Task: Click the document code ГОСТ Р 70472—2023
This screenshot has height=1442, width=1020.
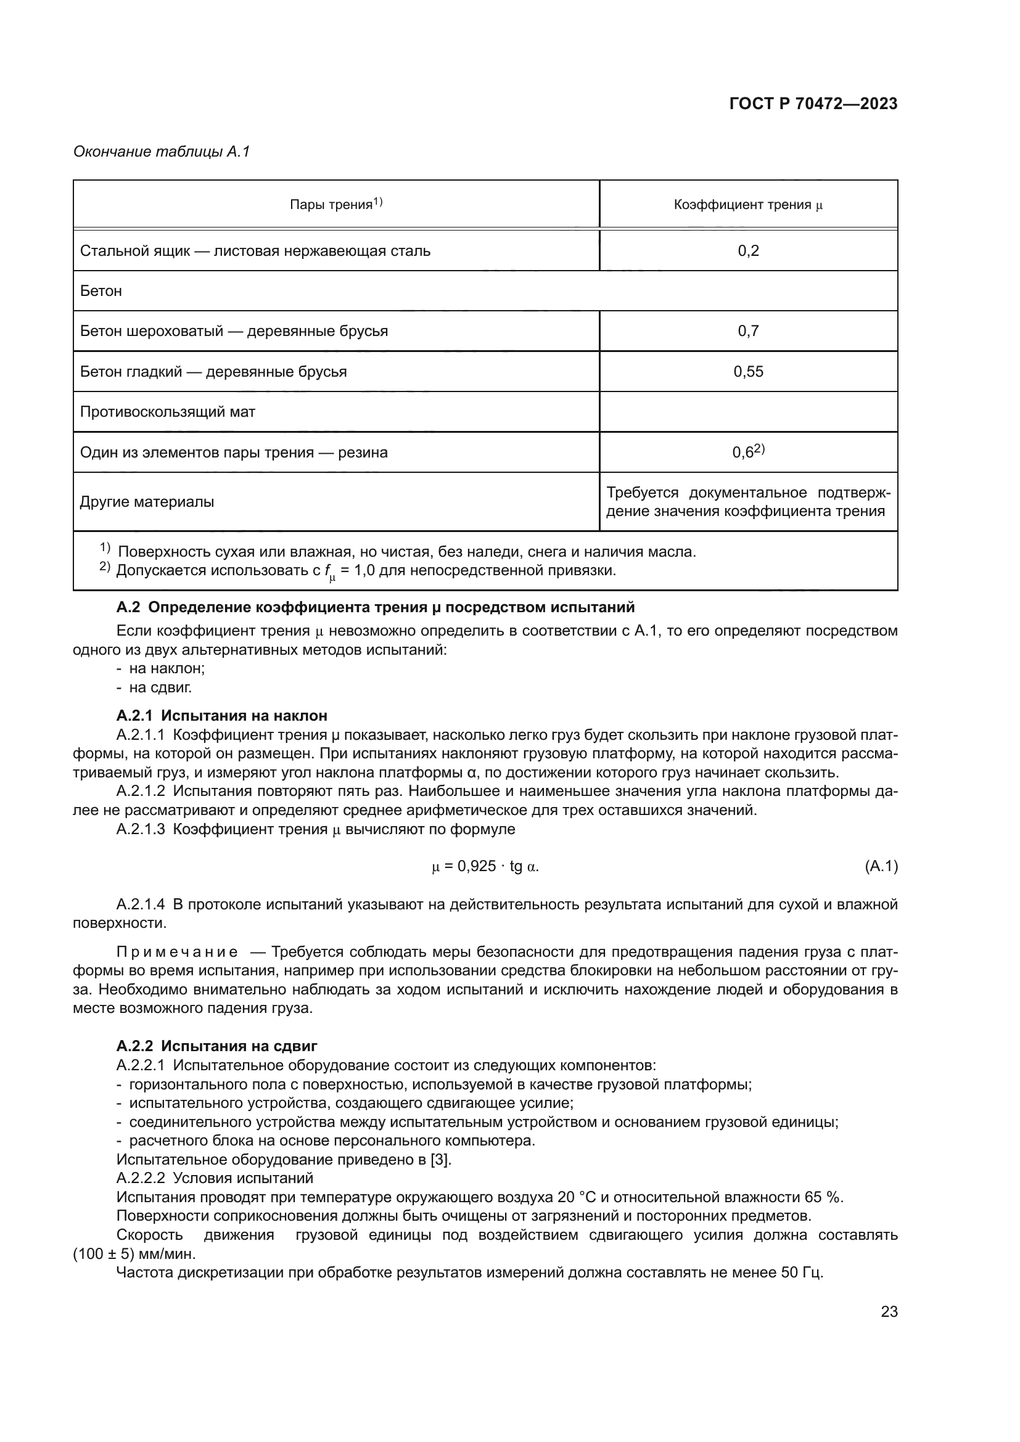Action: (813, 104)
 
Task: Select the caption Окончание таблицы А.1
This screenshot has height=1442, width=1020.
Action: (162, 152)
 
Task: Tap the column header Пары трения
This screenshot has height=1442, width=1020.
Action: (336, 204)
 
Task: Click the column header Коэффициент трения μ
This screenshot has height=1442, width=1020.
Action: (748, 205)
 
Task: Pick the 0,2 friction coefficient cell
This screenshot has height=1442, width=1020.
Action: (748, 251)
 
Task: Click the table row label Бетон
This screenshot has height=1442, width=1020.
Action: (101, 291)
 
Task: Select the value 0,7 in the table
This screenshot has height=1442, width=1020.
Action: (748, 331)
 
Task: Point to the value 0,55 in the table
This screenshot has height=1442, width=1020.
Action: (748, 372)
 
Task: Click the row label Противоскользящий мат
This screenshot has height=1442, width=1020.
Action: (168, 412)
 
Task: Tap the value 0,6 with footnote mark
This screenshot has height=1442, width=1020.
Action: (748, 452)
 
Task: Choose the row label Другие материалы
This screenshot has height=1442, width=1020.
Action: (147, 502)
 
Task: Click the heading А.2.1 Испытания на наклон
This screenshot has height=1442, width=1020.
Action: (222, 716)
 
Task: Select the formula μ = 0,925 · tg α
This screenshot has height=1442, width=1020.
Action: (485, 867)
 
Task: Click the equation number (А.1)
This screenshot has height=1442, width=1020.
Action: (881, 867)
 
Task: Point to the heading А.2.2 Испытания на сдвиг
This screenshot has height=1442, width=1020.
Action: (216, 1046)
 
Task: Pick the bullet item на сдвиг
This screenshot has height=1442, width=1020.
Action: (160, 687)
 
